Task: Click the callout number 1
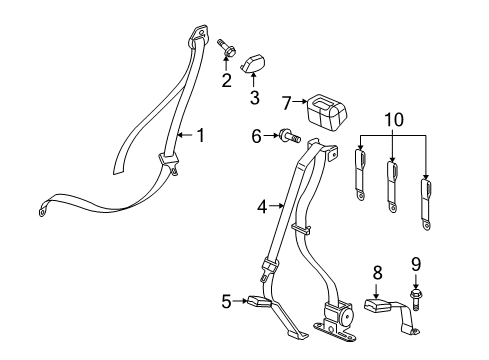click(200, 135)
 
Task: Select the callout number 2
click(227, 79)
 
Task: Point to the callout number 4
click(261, 207)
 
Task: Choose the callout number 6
click(256, 135)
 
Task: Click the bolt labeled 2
click(224, 47)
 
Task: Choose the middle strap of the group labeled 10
click(392, 183)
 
